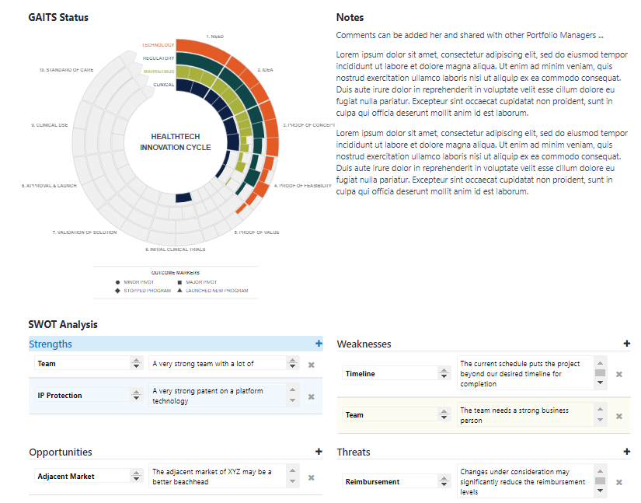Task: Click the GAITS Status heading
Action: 58,17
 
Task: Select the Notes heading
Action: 350,17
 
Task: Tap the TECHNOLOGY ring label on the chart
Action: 158,45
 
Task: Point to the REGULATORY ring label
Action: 158,58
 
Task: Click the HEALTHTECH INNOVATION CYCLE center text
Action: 175,141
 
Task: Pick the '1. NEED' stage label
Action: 214,37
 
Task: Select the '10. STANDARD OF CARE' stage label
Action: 66,70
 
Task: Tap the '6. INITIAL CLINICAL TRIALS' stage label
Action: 175,250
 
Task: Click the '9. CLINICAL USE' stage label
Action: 50,125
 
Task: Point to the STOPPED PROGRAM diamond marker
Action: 117,291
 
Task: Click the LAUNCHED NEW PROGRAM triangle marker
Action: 179,291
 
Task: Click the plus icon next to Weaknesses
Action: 627,344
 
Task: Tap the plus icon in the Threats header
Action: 627,452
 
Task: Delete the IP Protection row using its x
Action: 311,396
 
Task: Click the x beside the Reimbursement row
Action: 619,482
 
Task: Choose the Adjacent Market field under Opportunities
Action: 82,476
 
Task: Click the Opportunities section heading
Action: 61,452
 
